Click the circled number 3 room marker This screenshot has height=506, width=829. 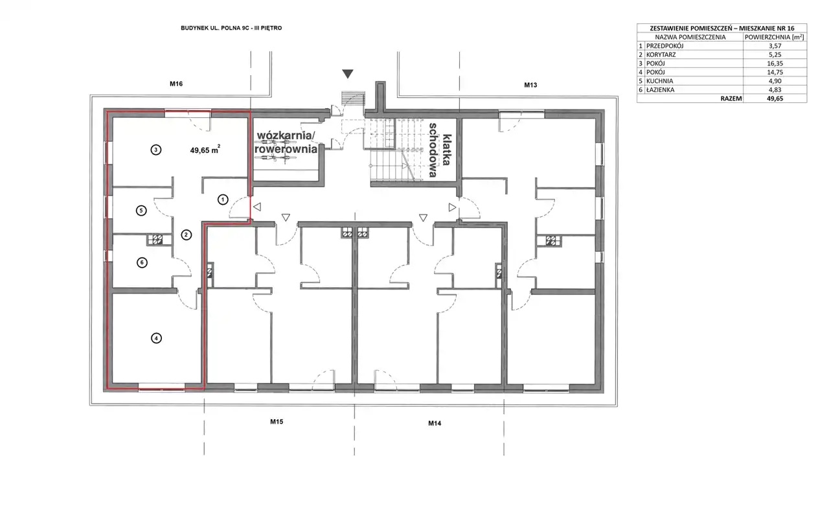pos(156,150)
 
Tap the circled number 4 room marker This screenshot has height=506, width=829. pos(156,338)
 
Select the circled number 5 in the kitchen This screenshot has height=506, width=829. pos(141,211)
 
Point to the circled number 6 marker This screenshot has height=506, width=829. pos(142,263)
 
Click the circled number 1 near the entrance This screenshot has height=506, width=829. pos(223,200)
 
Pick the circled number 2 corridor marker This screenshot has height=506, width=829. pos(186,235)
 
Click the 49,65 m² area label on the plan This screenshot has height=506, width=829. pos(205,150)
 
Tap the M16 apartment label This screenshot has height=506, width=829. pos(176,84)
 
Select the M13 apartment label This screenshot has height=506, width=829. pos(530,85)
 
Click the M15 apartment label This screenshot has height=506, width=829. pos(277,422)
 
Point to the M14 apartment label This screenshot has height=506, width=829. pos(435,423)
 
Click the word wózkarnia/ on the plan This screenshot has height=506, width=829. pos(286,135)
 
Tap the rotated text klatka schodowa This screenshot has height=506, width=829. pos(440,150)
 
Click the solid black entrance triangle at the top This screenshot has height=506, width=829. pos(348,74)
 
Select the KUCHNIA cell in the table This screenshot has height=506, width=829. pos(659,81)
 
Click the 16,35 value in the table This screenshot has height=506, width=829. pos(775,63)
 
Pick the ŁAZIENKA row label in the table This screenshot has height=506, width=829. pos(660,89)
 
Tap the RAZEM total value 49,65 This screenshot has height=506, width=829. pos(775,98)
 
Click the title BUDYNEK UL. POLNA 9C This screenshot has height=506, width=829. pos(214,28)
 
